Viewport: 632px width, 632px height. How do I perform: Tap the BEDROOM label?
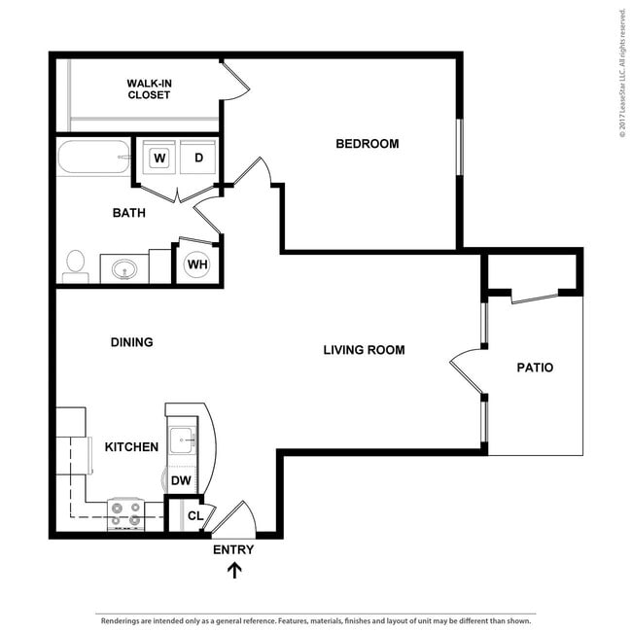coord(367,144)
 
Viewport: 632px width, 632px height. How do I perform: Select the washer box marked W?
coord(159,157)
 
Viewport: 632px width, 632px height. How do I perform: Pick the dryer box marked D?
coord(198,157)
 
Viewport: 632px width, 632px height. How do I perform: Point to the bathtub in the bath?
coord(93,158)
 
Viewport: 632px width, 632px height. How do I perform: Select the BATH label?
coord(128,213)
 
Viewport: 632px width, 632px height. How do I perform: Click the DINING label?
coord(132,342)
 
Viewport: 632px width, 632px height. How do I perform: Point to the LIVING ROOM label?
coord(364,350)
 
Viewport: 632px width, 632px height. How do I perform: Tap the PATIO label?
coord(534,368)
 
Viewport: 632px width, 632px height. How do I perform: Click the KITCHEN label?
coord(131,447)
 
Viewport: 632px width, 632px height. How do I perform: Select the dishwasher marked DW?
coord(181,480)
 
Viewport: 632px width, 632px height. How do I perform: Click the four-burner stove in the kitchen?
coord(125,513)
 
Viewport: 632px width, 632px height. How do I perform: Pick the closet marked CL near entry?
coord(193,516)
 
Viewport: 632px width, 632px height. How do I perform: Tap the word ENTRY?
coord(233,550)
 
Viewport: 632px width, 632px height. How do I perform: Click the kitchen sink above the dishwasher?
coord(183,441)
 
